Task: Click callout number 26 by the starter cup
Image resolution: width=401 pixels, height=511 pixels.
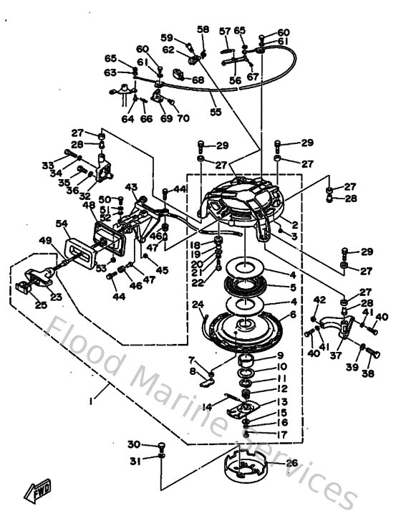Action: [291, 462]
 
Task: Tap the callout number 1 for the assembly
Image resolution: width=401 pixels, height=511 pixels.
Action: [92, 402]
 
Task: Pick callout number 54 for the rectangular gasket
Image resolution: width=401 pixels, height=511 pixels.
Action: [62, 224]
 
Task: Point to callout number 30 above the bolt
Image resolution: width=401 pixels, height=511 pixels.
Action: [134, 444]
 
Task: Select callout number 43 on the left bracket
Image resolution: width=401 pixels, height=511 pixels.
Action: [131, 187]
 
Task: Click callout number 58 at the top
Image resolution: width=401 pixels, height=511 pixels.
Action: [203, 29]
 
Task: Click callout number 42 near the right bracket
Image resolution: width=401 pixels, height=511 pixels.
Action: [319, 300]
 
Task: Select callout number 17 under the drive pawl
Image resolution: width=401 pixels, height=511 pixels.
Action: [282, 434]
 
